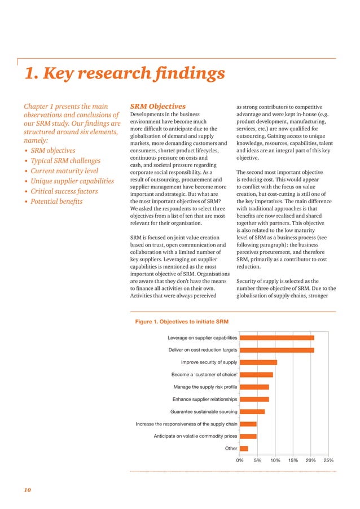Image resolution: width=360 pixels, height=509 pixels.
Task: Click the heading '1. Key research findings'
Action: click(x=124, y=74)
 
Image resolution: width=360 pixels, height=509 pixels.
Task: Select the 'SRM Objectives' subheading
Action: click(x=158, y=106)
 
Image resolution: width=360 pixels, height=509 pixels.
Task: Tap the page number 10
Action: click(x=27, y=490)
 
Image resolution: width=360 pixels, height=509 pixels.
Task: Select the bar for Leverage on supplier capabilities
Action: click(x=276, y=337)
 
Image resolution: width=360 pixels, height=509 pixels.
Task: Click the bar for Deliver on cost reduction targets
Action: click(x=276, y=350)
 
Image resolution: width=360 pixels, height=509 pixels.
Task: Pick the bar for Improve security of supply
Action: click(x=258, y=362)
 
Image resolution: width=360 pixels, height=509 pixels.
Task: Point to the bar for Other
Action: click(x=243, y=449)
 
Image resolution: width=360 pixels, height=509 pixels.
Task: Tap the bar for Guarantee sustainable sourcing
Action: click(x=252, y=411)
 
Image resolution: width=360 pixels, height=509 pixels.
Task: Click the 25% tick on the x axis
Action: click(x=328, y=460)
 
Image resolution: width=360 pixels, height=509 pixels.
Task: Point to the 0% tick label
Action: click(x=240, y=460)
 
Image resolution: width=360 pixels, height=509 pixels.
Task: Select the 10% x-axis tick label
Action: click(x=275, y=460)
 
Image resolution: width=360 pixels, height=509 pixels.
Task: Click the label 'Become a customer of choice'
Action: click(x=204, y=375)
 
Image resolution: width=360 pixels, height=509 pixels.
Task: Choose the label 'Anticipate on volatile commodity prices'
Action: click(x=195, y=436)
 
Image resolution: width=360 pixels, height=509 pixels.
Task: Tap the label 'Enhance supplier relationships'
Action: click(x=205, y=400)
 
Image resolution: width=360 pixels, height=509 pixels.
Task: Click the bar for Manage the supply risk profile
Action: click(x=254, y=387)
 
